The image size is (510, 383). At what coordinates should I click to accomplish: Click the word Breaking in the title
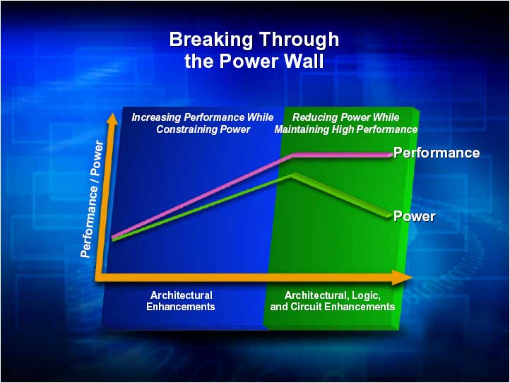(210, 40)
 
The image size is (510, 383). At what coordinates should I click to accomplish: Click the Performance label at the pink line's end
(437, 153)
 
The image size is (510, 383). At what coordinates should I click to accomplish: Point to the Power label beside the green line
(414, 216)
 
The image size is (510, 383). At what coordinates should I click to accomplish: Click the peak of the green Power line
(292, 175)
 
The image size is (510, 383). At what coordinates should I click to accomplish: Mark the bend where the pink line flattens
(292, 155)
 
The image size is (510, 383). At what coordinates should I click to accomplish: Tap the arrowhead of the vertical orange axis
(112, 119)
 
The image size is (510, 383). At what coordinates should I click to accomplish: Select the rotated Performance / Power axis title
(92, 199)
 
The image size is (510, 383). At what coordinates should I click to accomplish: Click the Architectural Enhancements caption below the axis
(181, 301)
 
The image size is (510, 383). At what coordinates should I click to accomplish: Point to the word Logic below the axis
(366, 295)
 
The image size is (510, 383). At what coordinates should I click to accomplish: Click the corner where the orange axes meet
(99, 277)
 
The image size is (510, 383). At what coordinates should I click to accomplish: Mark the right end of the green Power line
(389, 216)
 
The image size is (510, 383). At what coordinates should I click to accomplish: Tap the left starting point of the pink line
(112, 237)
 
